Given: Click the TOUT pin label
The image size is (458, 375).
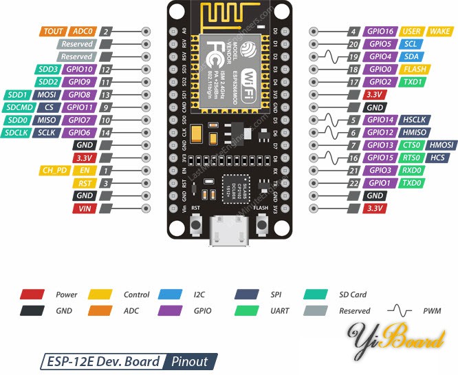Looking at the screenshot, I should tap(54, 32).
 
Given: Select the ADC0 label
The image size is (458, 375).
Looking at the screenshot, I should tap(83, 32).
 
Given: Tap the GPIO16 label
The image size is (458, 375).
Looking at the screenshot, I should tap(380, 32).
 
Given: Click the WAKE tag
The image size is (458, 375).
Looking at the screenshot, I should tap(439, 32).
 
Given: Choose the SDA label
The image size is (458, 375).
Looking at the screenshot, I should tap(411, 56).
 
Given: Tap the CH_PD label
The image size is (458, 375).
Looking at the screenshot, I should tap(56, 170).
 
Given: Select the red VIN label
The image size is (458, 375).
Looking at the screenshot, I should tap(85, 208).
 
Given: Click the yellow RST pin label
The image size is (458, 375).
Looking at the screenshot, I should tap(85, 183).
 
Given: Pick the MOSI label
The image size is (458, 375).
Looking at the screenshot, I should tap(47, 95).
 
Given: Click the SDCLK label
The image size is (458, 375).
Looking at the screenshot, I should tap(16, 132).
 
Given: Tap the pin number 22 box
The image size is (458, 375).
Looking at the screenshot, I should tap(353, 183).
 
